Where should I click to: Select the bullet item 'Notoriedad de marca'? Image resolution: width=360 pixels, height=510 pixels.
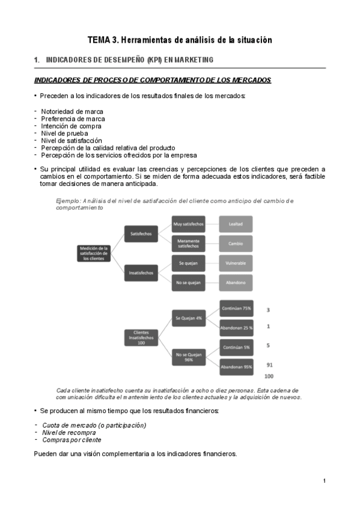72,111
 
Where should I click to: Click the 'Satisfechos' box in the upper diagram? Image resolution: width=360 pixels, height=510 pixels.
141,233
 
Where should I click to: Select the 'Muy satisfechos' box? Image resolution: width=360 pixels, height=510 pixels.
188,223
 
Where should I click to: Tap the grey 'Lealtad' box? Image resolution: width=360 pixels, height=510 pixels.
236,223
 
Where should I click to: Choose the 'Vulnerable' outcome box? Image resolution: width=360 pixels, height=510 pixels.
236,263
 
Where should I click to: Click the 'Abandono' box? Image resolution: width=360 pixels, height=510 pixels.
236,283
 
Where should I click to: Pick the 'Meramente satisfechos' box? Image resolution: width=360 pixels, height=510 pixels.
188,243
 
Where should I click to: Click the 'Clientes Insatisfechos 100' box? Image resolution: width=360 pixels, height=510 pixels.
141,337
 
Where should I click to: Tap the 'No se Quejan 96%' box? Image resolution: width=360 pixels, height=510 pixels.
189,357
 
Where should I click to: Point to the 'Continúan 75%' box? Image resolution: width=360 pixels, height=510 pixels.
236,308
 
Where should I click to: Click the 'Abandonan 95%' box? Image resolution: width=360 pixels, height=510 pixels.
236,366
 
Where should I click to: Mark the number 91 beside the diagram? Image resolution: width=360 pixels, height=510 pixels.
269,365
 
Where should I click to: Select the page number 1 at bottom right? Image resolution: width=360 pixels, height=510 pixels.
324,481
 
